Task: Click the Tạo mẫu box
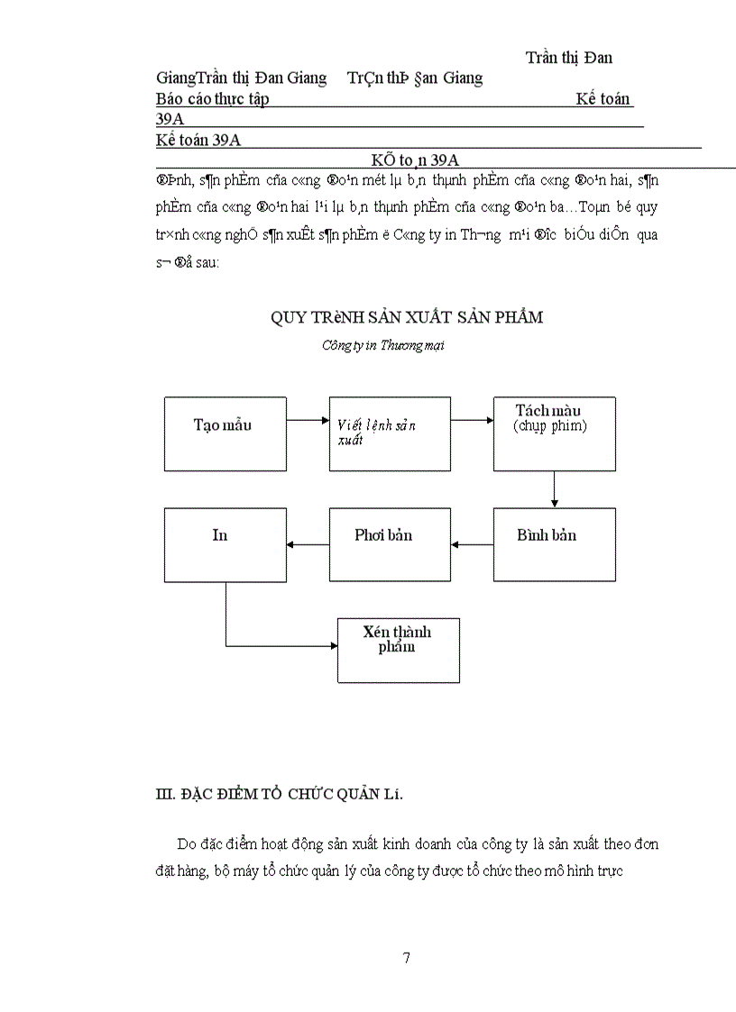pyautogui.click(x=225, y=433)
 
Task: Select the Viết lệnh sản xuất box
pyautogui.click(x=390, y=433)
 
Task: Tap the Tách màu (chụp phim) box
pyautogui.click(x=554, y=433)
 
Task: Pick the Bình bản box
pyautogui.click(x=554, y=544)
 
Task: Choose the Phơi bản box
pyautogui.click(x=390, y=544)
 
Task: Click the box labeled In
pyautogui.click(x=225, y=544)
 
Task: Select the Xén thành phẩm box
pyautogui.click(x=398, y=650)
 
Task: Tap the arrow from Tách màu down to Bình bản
pyautogui.click(x=554, y=489)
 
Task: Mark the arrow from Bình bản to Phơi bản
pyautogui.click(x=472, y=544)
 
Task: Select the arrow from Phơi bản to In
pyautogui.click(x=308, y=544)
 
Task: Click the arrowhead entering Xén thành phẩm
pyautogui.click(x=331, y=646)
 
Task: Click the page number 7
pyautogui.click(x=407, y=957)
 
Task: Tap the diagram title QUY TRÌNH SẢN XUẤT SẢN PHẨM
pyautogui.click(x=407, y=317)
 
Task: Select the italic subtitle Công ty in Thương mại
pyautogui.click(x=382, y=344)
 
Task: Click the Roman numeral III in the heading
pyautogui.click(x=164, y=794)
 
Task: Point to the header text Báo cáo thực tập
pyautogui.click(x=212, y=99)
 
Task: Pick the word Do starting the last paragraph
pyautogui.click(x=186, y=844)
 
